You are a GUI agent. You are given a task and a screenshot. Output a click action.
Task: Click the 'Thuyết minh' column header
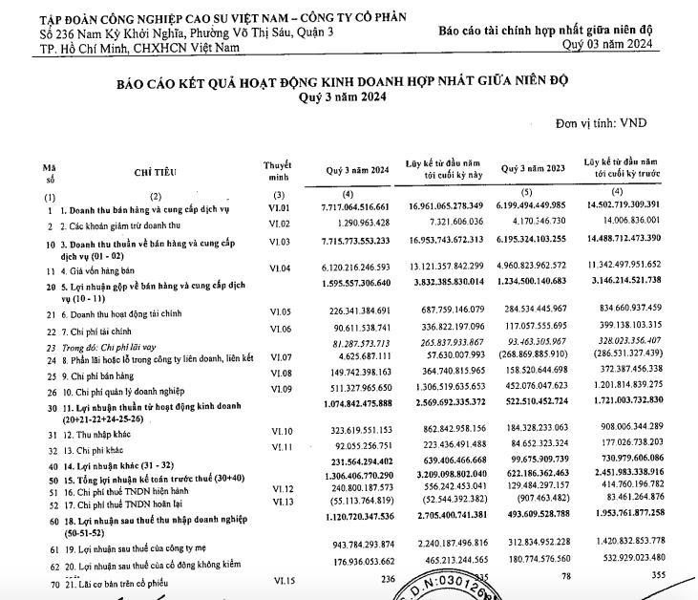[278, 171]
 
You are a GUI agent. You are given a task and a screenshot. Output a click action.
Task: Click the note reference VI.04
[279, 269]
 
